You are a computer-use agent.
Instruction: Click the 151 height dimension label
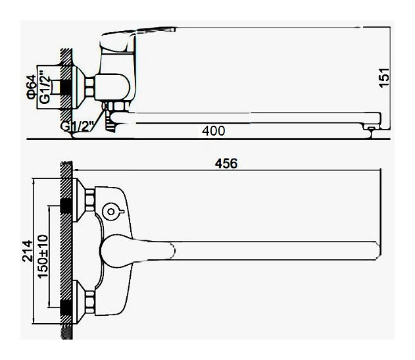pyautogui.click(x=385, y=78)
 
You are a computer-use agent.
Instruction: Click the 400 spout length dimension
pyautogui.click(x=214, y=131)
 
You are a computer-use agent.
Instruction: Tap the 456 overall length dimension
pyautogui.click(x=226, y=163)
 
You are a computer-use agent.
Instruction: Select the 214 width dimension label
pyautogui.click(x=28, y=251)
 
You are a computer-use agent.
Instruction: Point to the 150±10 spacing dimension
pyautogui.click(x=43, y=256)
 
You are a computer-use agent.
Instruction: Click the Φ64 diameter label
pyautogui.click(x=32, y=87)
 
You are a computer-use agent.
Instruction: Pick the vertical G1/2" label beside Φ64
pyautogui.click(x=45, y=87)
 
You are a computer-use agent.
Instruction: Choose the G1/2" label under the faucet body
pyautogui.click(x=78, y=126)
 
